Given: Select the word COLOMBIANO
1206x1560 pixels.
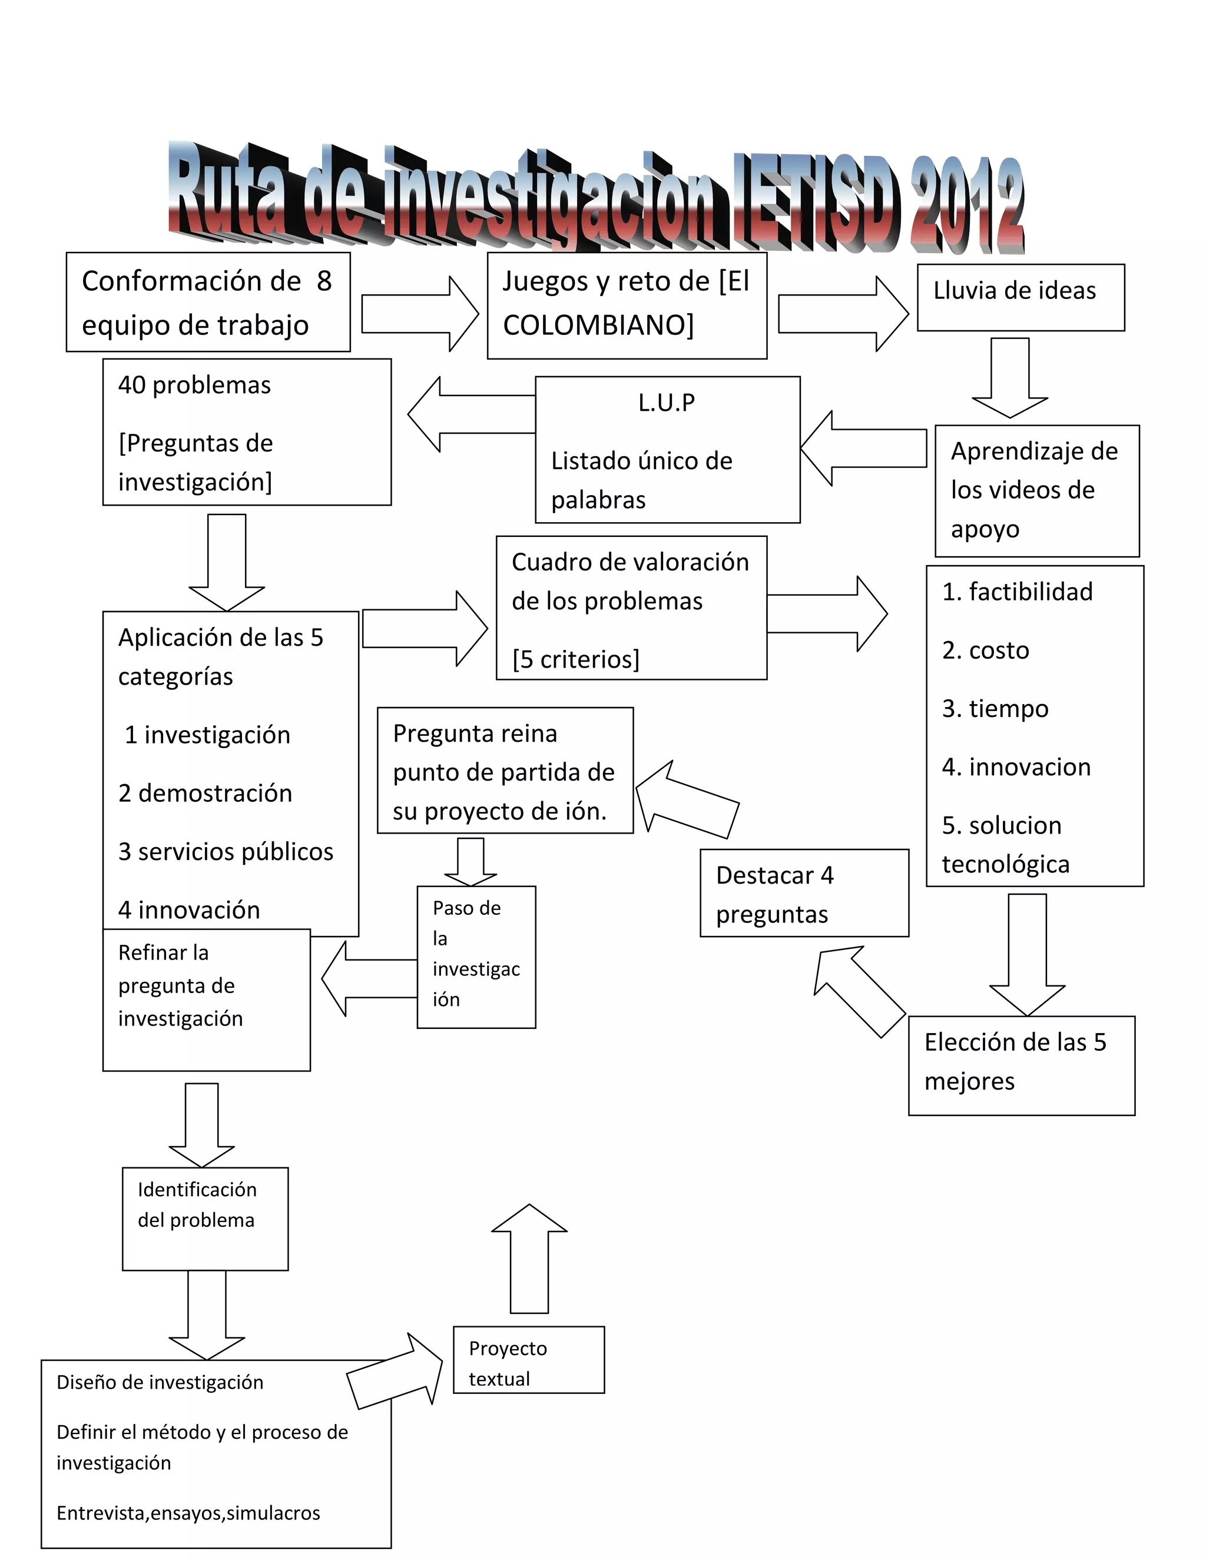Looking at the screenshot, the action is pyautogui.click(x=597, y=326).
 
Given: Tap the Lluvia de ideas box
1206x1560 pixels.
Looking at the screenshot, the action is pyautogui.click(x=1021, y=297).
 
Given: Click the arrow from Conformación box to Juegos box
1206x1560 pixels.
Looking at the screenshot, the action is pyautogui.click(x=419, y=314).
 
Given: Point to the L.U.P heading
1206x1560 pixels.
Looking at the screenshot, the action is pyautogui.click(x=666, y=403).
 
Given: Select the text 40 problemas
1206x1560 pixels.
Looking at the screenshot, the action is pyautogui.click(x=194, y=385).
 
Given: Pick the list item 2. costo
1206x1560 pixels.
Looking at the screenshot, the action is pyautogui.click(x=985, y=650).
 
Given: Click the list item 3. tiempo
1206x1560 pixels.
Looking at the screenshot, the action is pyautogui.click(x=995, y=709).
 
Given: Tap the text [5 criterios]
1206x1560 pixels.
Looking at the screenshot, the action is pyautogui.click(x=576, y=659).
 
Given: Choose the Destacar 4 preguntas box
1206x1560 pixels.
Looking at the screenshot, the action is pyautogui.click(x=804, y=893).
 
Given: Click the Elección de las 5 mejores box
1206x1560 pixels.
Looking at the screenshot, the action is pyautogui.click(x=1021, y=1064).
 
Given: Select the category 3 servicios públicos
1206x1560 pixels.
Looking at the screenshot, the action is pyautogui.click(x=226, y=851).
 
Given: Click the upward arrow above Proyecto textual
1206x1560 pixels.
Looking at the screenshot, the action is pyautogui.click(x=529, y=1259).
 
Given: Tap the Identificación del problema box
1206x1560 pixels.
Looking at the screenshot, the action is pyautogui.click(x=205, y=1219).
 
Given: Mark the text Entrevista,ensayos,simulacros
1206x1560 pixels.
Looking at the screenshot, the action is pyautogui.click(x=188, y=1513).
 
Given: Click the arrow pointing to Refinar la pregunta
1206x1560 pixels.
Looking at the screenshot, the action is pyautogui.click(x=369, y=978).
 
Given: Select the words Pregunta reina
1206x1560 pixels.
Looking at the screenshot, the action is pyautogui.click(x=475, y=733).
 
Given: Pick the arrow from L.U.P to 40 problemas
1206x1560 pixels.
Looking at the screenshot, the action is pyautogui.click(x=472, y=414).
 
